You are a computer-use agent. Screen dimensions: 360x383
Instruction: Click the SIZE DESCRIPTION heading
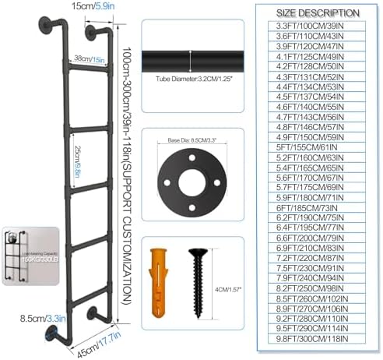(318, 12)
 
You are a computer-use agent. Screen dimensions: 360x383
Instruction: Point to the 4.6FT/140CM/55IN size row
(318, 111)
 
